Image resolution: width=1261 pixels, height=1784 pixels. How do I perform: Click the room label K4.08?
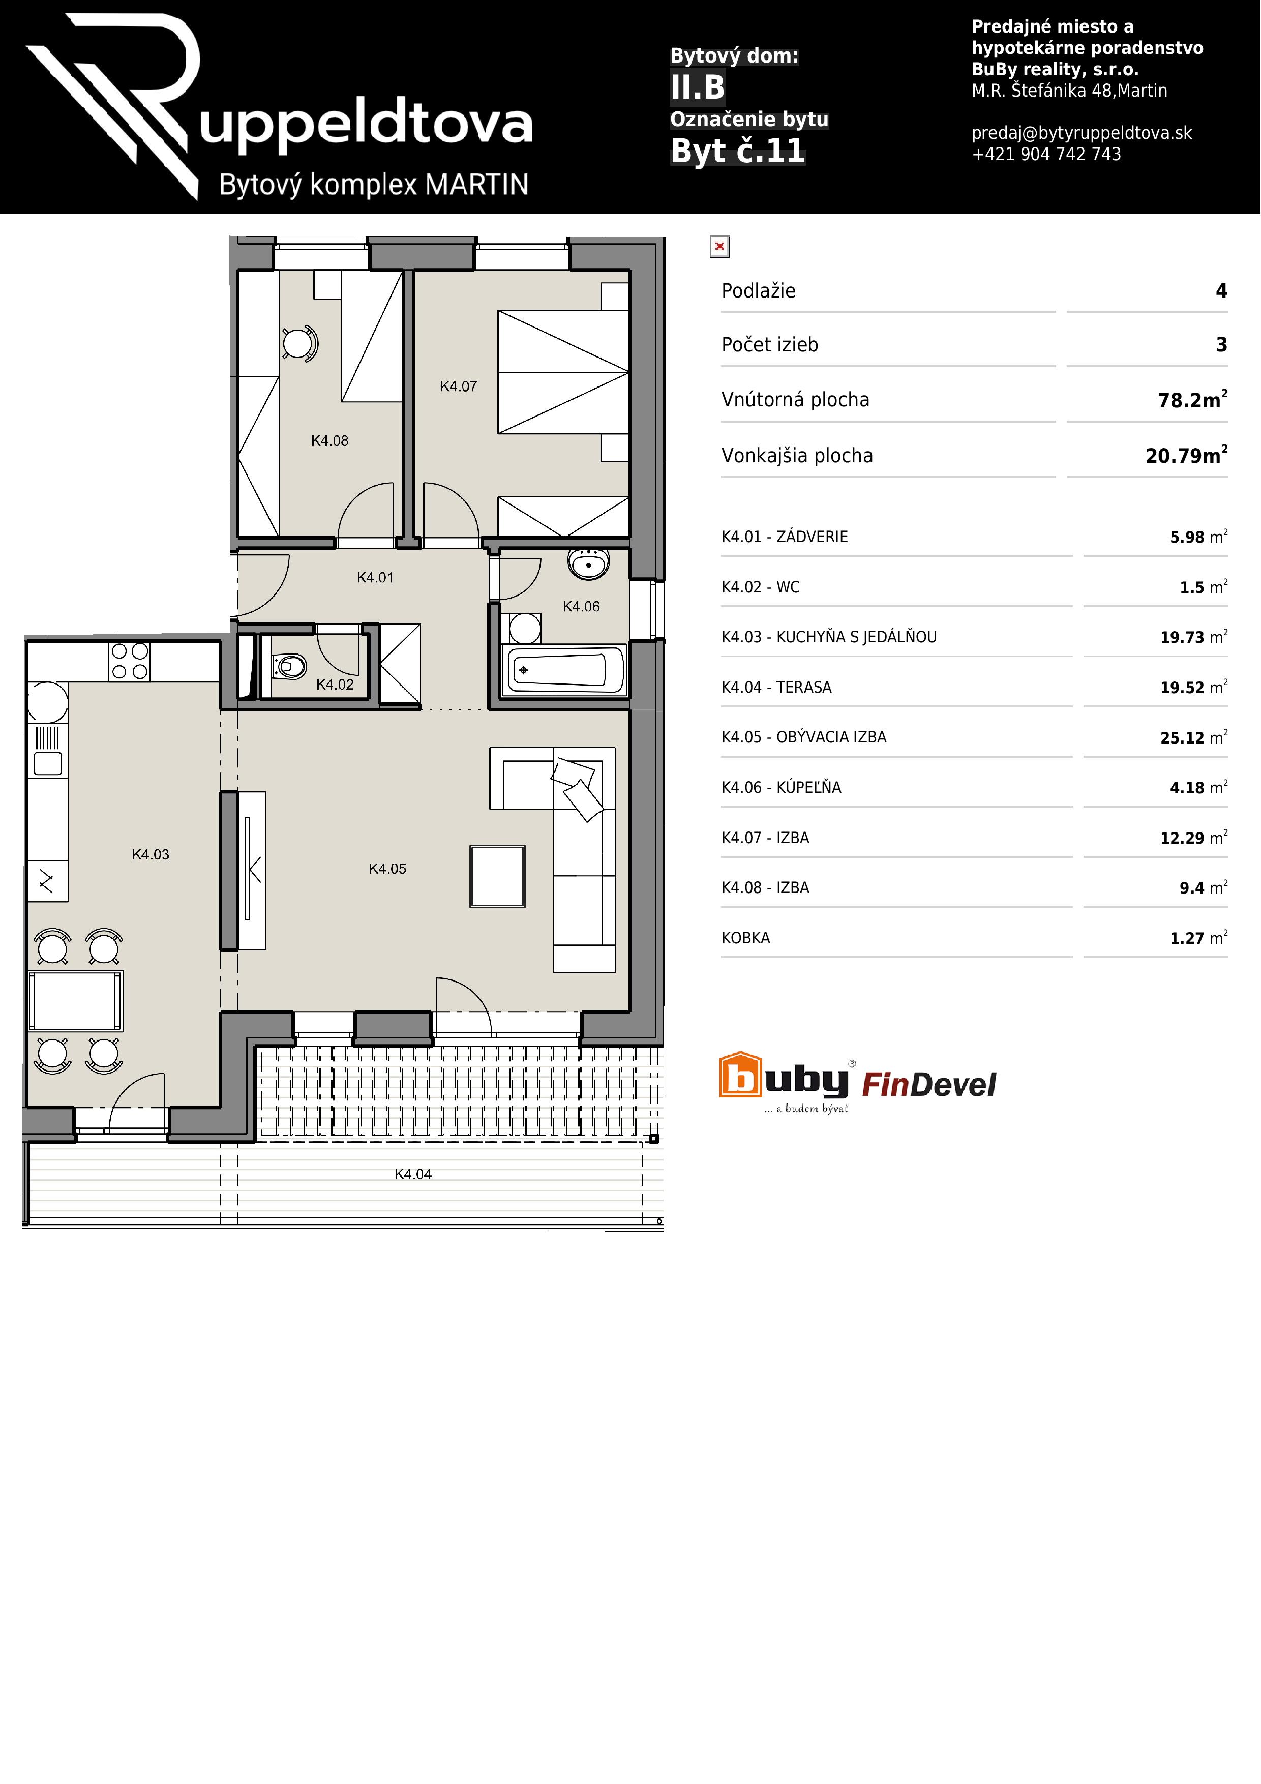coord(329,440)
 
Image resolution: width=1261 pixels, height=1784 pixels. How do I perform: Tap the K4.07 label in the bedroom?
coord(459,386)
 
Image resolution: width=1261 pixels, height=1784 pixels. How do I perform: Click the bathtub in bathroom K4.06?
coord(565,670)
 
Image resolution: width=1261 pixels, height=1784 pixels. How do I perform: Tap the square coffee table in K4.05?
coord(497,876)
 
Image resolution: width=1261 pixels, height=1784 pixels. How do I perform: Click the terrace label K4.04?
coord(412,1174)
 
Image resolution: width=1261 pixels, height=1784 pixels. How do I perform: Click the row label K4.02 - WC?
coord(761,587)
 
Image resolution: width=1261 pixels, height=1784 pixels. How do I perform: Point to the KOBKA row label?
coord(746,938)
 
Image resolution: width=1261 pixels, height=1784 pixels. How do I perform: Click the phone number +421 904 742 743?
coord(1046,154)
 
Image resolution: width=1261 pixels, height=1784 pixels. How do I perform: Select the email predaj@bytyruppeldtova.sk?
coord(1082,133)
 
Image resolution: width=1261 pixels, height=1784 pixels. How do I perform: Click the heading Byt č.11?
coord(737,151)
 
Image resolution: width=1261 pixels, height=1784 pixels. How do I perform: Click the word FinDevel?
coord(929,1084)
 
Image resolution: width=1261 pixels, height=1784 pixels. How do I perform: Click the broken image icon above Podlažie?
coord(719,247)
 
